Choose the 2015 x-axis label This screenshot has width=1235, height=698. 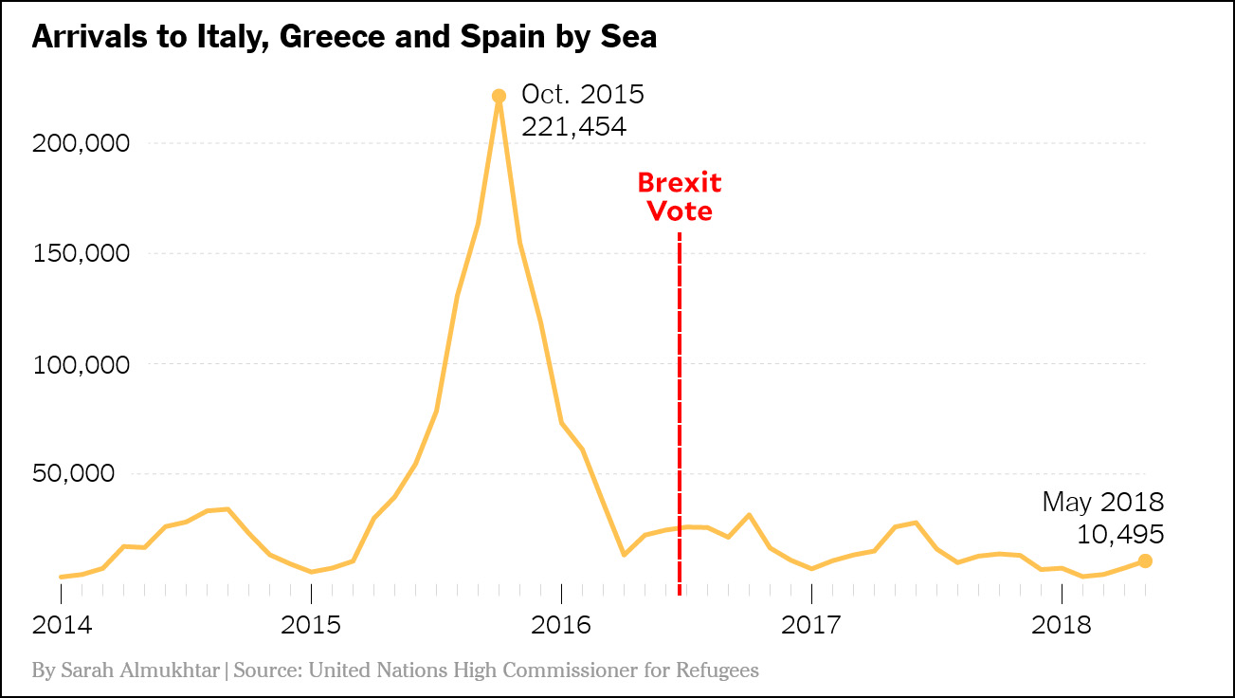311,626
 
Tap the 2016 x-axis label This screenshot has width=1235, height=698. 561,626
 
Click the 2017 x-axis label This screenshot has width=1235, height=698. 811,626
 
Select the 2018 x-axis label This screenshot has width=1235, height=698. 1062,626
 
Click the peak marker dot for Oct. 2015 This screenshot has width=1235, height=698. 499,96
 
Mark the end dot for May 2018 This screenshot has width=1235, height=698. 1145,560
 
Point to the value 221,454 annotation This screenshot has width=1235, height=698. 573,126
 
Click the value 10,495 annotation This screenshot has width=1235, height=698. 1120,535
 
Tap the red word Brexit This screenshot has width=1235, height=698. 679,182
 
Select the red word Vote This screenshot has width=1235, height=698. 679,211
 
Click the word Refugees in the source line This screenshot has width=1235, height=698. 717,670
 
